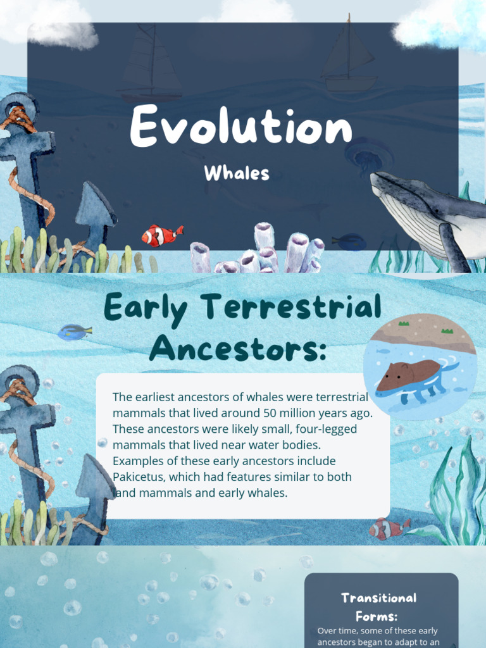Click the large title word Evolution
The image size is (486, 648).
point(240,127)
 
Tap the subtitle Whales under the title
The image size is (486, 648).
point(237,173)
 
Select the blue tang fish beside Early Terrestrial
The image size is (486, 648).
point(75,332)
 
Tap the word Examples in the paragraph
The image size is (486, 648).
point(137,461)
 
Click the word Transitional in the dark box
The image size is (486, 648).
point(379,598)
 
